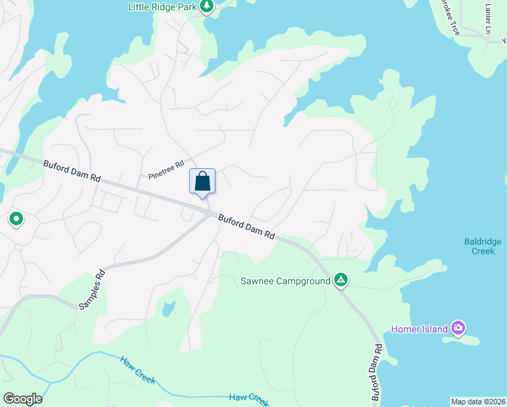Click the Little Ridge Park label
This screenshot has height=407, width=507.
coord(162,7)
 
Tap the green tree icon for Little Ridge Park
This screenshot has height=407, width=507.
coord(207,7)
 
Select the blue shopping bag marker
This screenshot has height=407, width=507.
coord(202,182)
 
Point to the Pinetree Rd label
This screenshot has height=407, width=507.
coord(166,170)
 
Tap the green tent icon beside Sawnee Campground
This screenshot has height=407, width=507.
coord(342,280)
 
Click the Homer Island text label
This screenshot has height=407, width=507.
coord(420,330)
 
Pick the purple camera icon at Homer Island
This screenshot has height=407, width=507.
coord(459,329)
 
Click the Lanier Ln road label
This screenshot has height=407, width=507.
coord(488,18)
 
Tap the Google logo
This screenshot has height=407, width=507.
coord(22,399)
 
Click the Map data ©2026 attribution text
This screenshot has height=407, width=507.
coord(478,402)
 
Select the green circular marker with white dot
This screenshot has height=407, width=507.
coord(16,219)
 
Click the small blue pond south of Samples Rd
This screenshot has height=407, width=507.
coord(167,309)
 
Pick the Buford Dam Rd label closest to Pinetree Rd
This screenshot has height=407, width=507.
coord(73,170)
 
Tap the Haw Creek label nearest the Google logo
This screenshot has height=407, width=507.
coord(138,370)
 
